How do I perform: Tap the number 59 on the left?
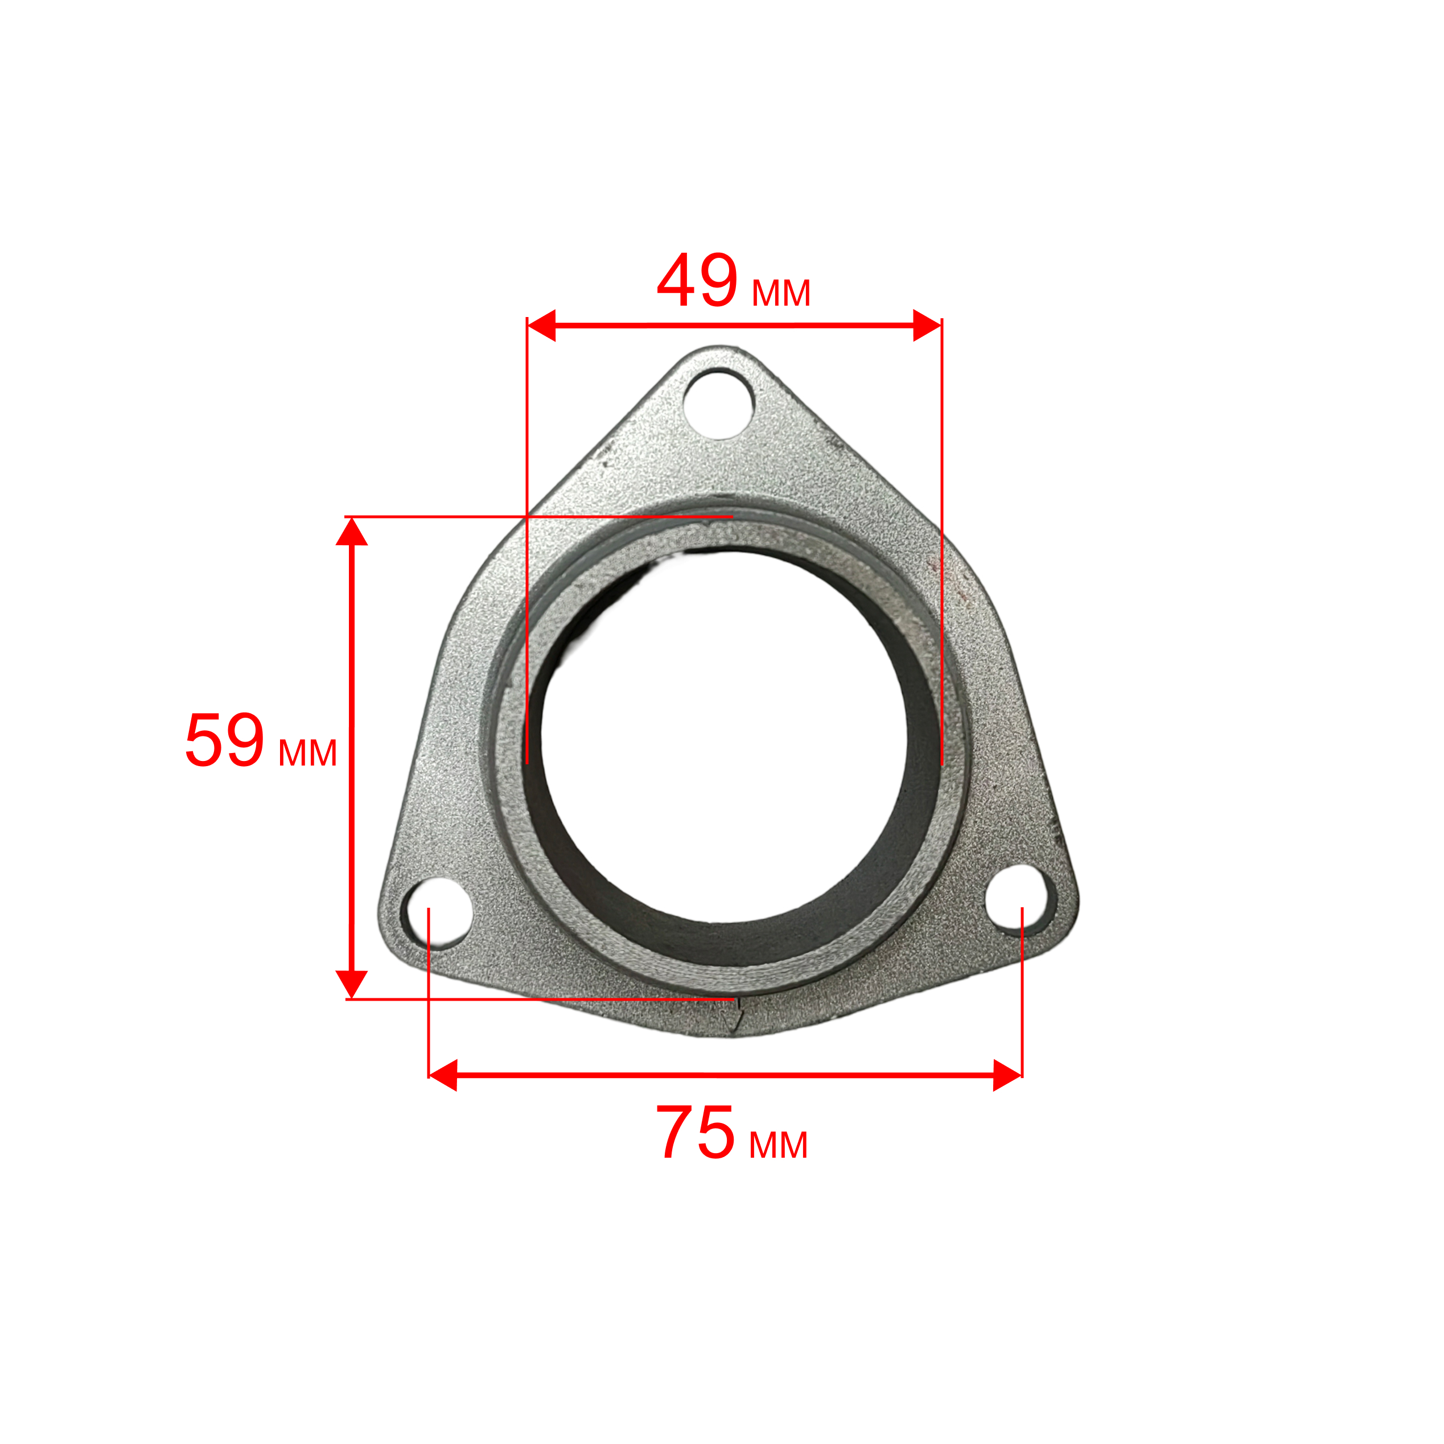click(224, 740)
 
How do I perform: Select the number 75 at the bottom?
click(696, 1132)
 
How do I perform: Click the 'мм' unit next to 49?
click(781, 293)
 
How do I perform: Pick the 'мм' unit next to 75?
click(778, 1145)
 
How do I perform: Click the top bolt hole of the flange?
click(718, 404)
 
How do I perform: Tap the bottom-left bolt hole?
click(437, 914)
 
